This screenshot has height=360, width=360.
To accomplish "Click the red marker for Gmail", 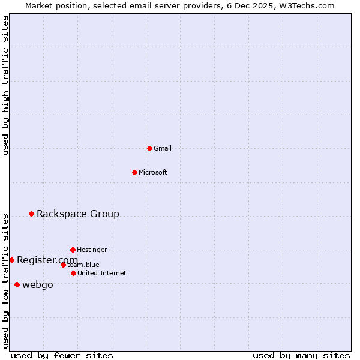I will coord(149,148).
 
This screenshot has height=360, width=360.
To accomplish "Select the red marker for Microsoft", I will coord(134,172).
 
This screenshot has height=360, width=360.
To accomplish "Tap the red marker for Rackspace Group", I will coord(31,214).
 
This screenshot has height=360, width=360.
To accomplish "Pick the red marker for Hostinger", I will coord(73,250).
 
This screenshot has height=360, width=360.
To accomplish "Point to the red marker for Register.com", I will coord(11,260).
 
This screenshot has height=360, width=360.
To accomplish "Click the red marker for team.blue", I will coord(63,265).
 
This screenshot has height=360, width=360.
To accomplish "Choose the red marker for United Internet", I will coord(73,273).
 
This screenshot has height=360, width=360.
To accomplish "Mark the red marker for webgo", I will coord(17,284).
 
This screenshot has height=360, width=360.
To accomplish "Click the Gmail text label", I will coord(163,148).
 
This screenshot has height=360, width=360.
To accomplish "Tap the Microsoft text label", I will coord(153,172).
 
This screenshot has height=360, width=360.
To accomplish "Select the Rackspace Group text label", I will coord(78,214).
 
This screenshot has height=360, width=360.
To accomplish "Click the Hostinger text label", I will coord(92,250).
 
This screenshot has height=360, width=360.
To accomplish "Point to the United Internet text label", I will coord(102,273).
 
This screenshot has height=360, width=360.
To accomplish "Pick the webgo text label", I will coord(38,284).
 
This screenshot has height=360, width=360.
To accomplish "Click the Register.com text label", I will coord(47,260).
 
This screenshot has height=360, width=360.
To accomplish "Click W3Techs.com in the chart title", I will coord(305,5).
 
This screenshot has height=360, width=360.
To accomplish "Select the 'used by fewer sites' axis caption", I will coord(62,355).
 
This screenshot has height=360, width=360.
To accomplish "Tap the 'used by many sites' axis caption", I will coord(301,355).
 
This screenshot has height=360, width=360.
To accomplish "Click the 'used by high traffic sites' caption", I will coord(5,85).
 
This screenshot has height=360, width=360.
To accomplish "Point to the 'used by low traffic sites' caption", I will coord(5,281).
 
